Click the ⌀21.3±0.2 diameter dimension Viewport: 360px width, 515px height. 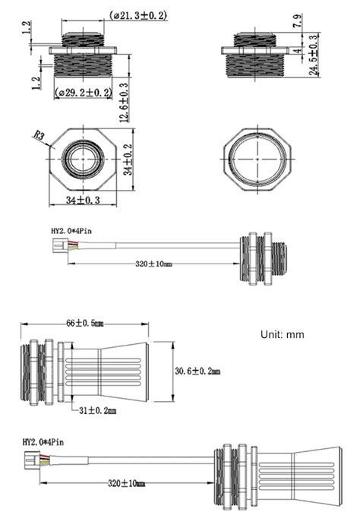point(139,15)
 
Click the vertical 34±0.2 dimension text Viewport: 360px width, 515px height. point(128,160)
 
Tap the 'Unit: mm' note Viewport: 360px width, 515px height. point(282,334)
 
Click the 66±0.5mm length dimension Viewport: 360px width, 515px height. point(84,324)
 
